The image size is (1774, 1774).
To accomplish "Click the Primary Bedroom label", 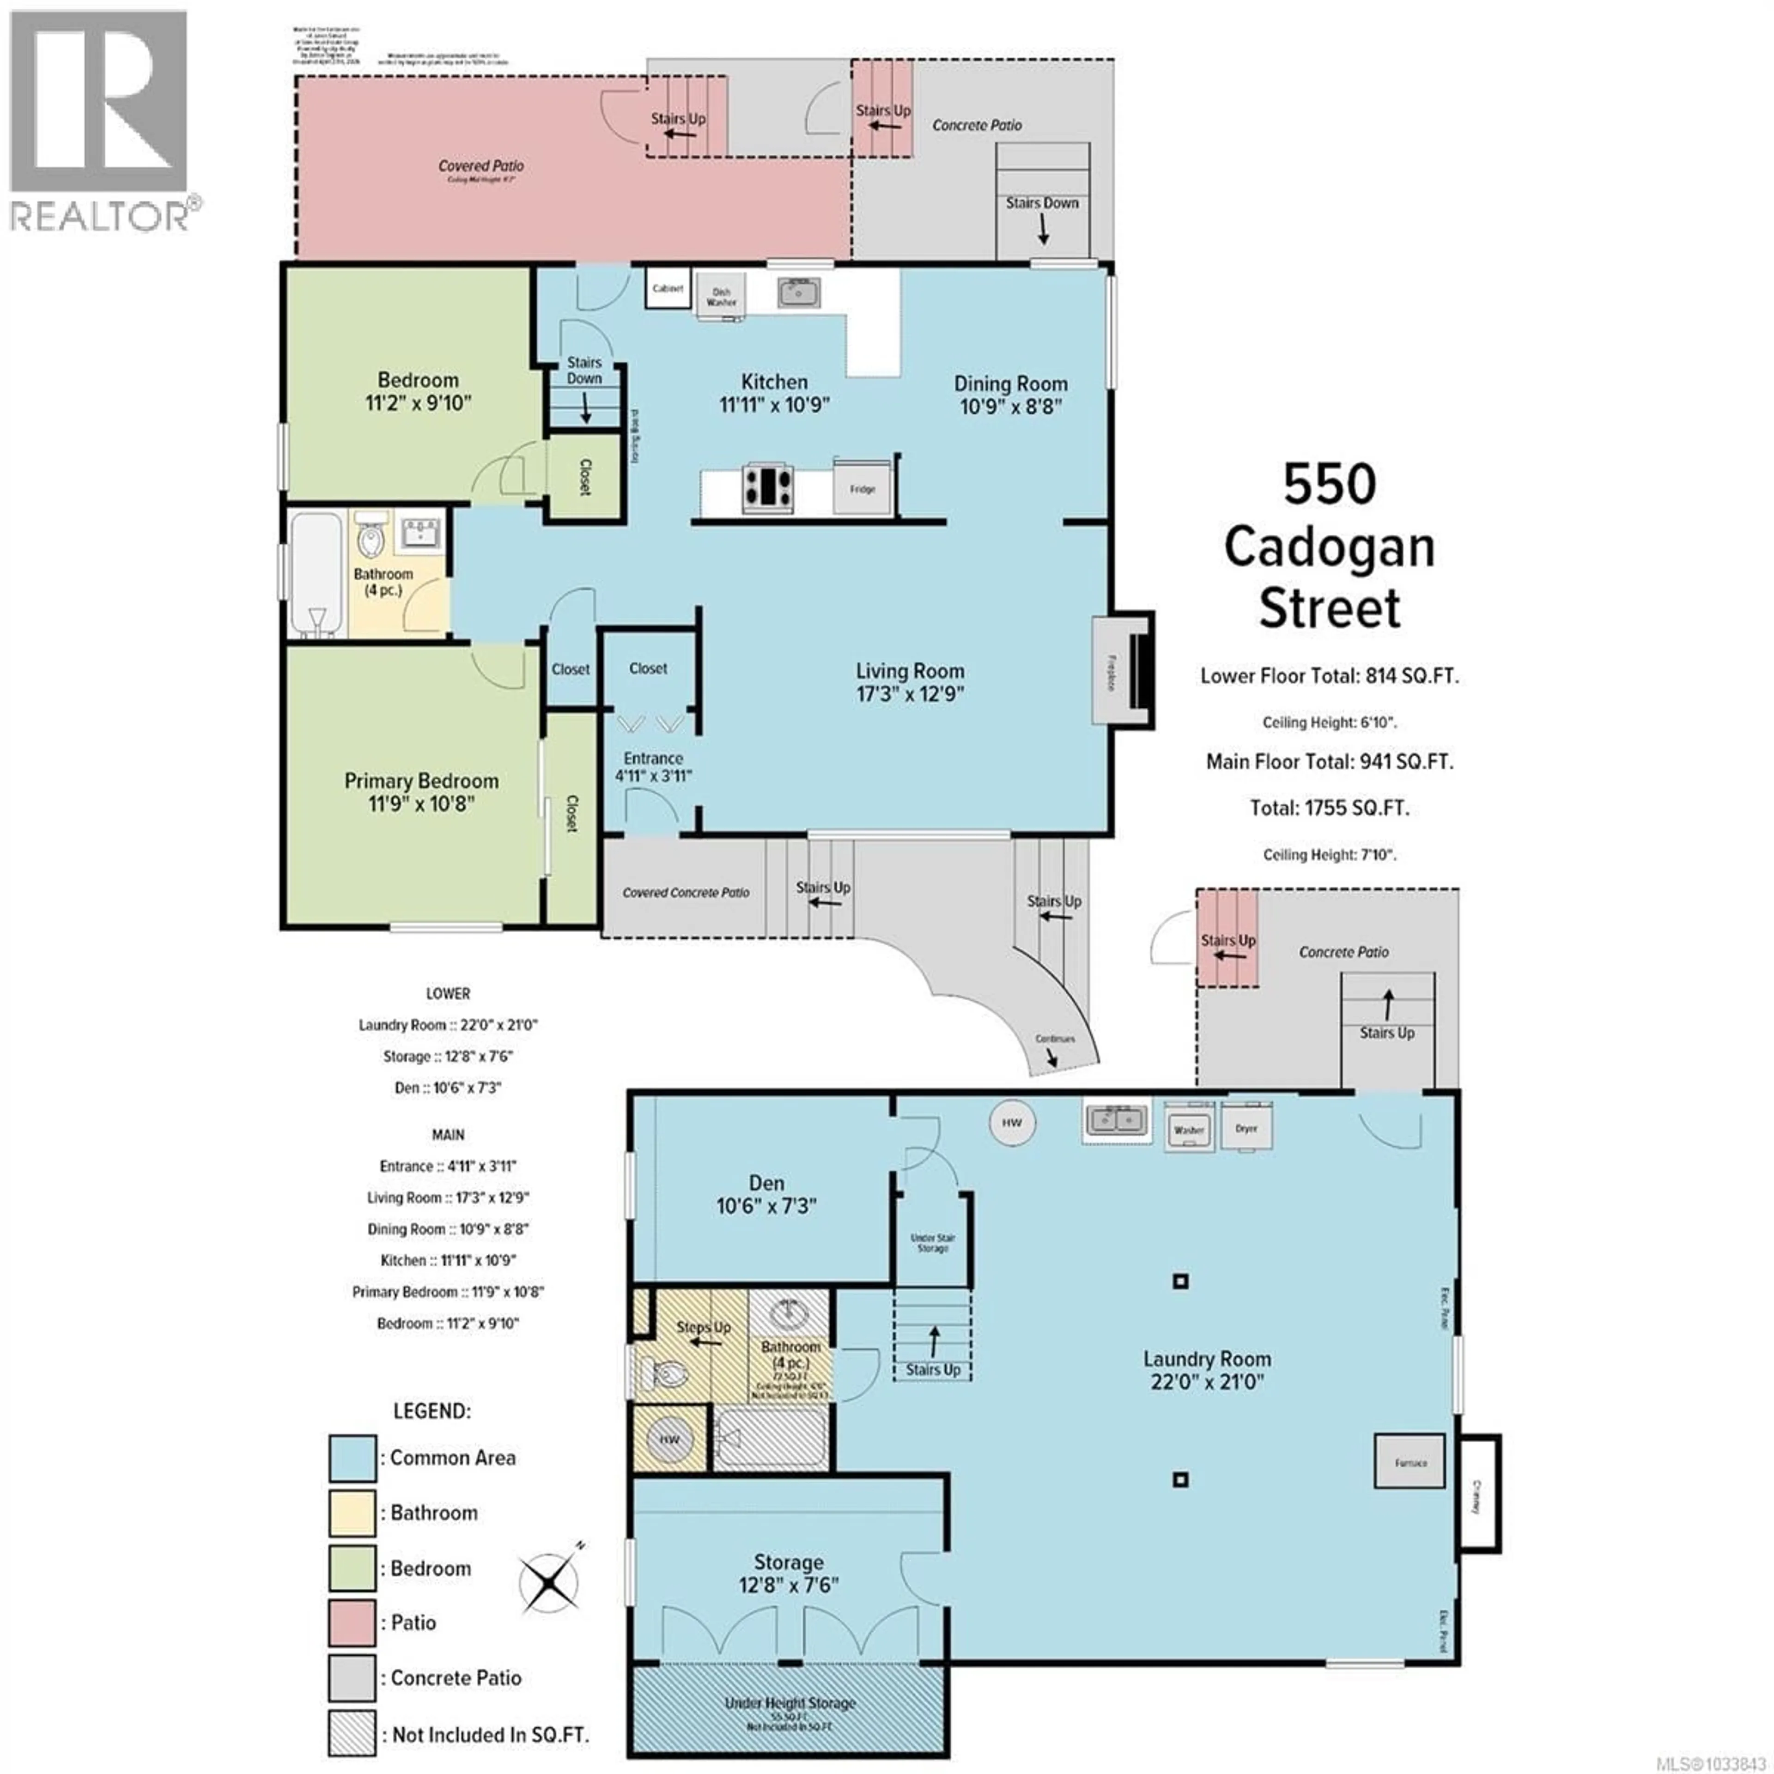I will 421,791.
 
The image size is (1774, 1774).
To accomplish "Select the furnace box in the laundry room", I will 1409,1462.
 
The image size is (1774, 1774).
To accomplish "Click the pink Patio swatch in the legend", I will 352,1622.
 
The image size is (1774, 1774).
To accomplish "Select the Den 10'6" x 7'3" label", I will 766,1194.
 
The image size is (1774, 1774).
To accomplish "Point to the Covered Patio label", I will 480,166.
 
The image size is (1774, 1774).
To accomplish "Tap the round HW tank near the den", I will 1012,1122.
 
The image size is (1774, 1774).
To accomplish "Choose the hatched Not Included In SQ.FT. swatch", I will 352,1734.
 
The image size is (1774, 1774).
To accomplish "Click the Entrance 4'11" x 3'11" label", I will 653,767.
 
